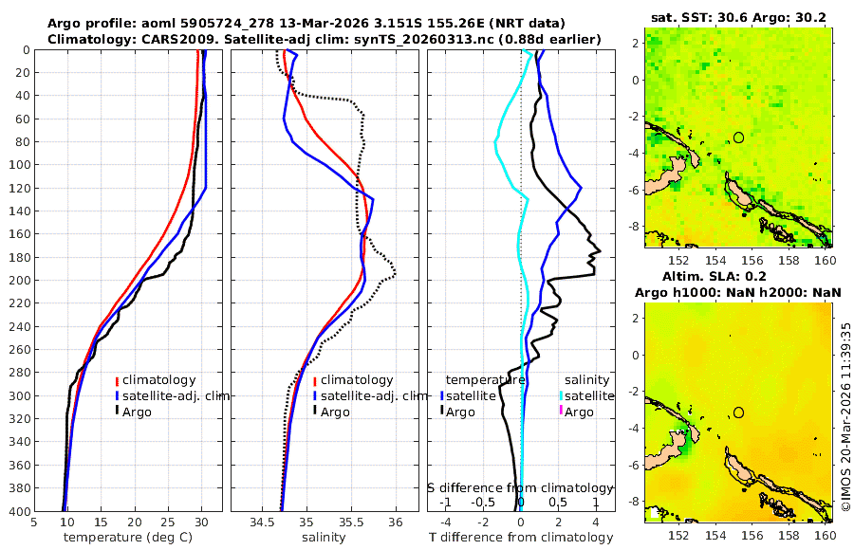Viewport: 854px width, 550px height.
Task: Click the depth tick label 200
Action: coord(17,281)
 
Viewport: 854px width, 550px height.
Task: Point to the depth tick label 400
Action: coord(17,512)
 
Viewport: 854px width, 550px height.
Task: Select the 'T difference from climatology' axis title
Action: coord(520,538)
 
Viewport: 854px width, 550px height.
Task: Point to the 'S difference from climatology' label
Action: coord(520,487)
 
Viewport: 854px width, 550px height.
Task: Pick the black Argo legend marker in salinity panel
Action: coord(314,412)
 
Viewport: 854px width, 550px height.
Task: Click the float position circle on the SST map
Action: coord(738,137)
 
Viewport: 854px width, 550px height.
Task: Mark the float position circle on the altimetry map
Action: coord(738,412)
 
